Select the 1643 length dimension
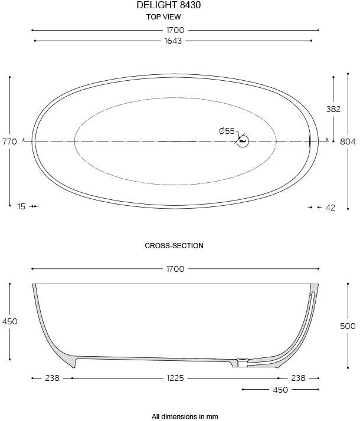[x=174, y=41]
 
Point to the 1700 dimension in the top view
[x=175, y=30]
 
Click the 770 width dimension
[x=9, y=142]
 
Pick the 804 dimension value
[x=348, y=142]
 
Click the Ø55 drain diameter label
[x=227, y=131]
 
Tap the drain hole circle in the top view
[x=243, y=142]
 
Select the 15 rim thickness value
[x=21, y=206]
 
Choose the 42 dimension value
[x=330, y=207]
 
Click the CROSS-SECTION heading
[x=174, y=246]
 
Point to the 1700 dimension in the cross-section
[x=175, y=269]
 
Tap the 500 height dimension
[x=348, y=326]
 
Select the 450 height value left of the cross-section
[x=9, y=321]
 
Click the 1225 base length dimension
[x=175, y=378]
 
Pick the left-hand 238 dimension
[x=52, y=378]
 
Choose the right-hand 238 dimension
[x=298, y=378]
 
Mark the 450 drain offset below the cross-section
[x=280, y=390]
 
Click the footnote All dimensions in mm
[x=185, y=416]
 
